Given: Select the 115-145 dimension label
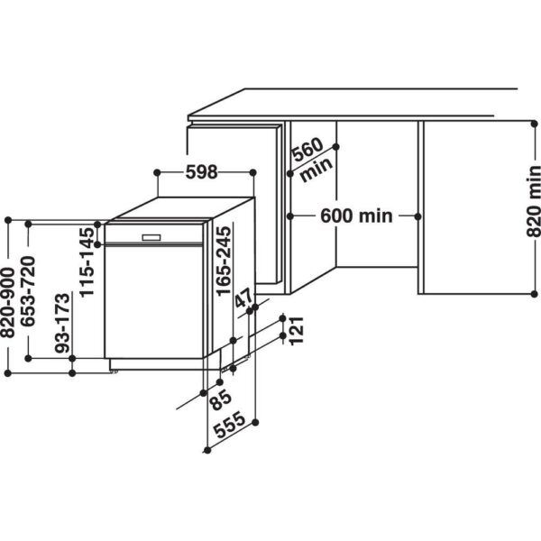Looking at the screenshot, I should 87,262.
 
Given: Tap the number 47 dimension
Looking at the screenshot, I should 243,301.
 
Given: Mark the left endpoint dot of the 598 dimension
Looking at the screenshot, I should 157,171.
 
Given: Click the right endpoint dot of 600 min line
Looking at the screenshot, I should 417,215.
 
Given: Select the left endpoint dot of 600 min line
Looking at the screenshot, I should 290,215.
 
